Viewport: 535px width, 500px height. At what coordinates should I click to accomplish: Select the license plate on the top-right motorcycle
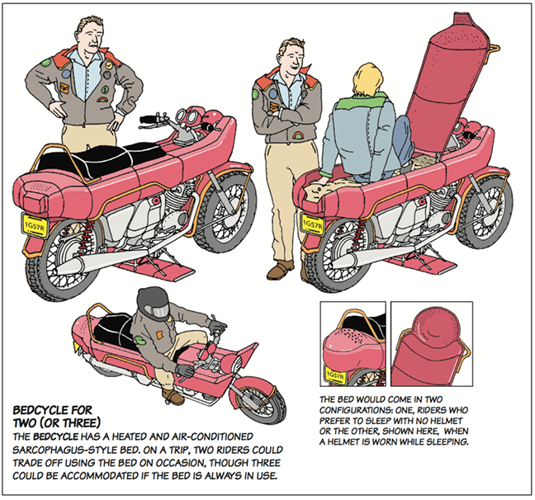311,224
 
